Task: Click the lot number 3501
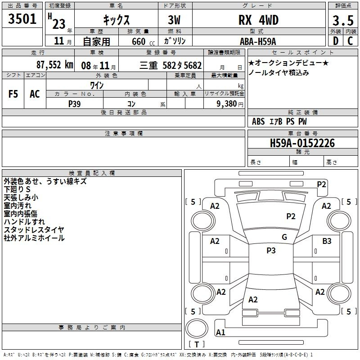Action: [22, 19]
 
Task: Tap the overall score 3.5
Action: [343, 21]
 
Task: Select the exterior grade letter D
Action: [336, 41]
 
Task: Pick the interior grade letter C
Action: [350, 41]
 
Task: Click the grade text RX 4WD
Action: [258, 20]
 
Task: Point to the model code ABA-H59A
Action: [258, 41]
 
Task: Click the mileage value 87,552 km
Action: [55, 65]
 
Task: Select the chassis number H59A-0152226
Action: [302, 143]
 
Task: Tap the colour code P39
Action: [75, 104]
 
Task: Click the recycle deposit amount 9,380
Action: [227, 104]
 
